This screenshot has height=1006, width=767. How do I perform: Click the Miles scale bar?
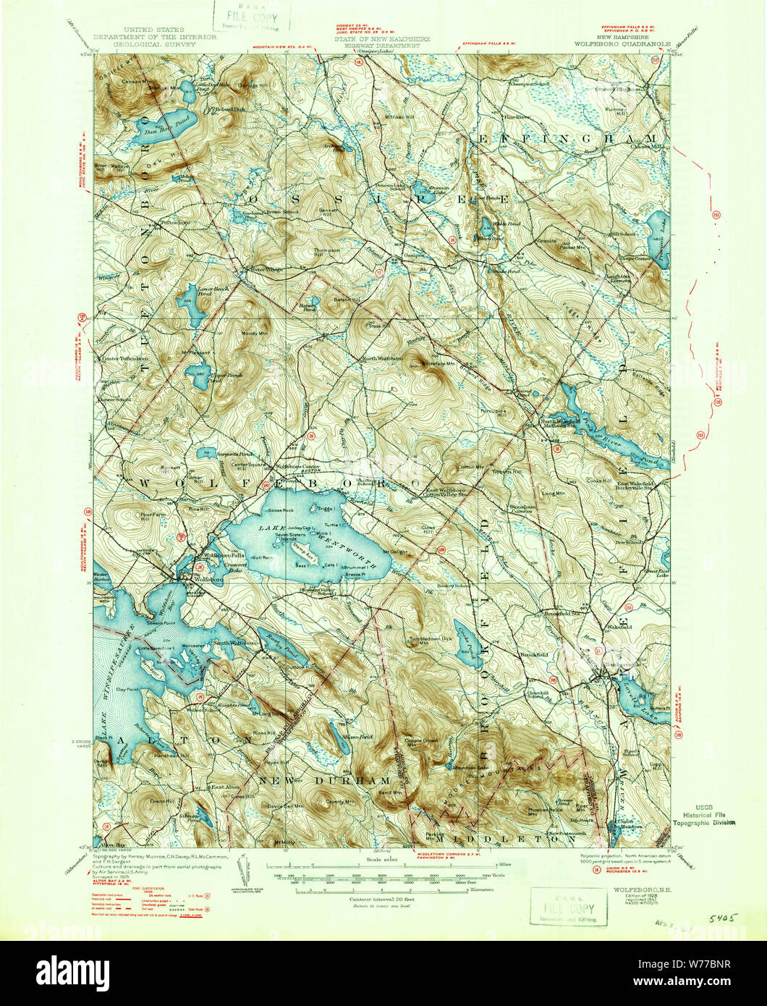coord(383,866)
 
